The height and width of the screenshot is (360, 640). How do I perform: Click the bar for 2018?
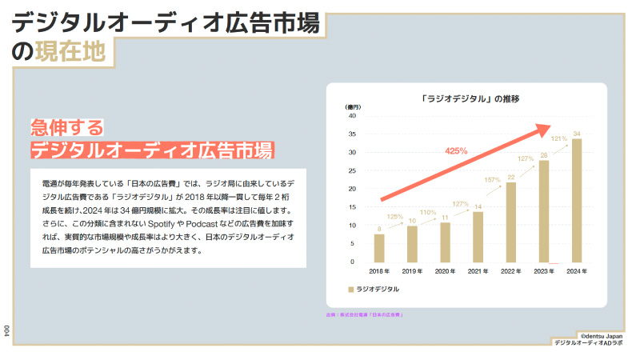(x=379, y=248)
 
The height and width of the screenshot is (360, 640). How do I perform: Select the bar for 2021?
(x=478, y=237)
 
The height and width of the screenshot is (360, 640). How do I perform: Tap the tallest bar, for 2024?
(x=577, y=200)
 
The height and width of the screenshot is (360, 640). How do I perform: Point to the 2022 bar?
(x=510, y=222)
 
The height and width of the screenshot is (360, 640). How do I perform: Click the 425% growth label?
(x=456, y=150)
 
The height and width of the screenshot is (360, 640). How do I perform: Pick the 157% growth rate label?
(x=492, y=179)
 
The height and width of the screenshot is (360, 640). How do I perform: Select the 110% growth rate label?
(x=428, y=212)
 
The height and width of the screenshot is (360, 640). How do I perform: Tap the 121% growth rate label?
(x=559, y=138)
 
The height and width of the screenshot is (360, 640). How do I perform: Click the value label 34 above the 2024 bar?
(x=577, y=133)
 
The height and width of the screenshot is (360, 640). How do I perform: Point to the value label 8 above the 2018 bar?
(x=379, y=229)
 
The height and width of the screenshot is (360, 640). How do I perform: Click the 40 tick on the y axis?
(x=351, y=116)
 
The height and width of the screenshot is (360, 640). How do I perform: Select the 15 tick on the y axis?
(x=351, y=206)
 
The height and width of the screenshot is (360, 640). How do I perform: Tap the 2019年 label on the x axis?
(x=412, y=272)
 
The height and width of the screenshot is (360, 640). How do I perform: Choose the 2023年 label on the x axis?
(x=543, y=272)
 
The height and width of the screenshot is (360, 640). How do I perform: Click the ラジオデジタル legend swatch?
(x=350, y=288)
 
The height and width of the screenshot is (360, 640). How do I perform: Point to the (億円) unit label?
(x=353, y=107)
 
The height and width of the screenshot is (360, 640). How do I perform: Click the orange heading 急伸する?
(x=67, y=127)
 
